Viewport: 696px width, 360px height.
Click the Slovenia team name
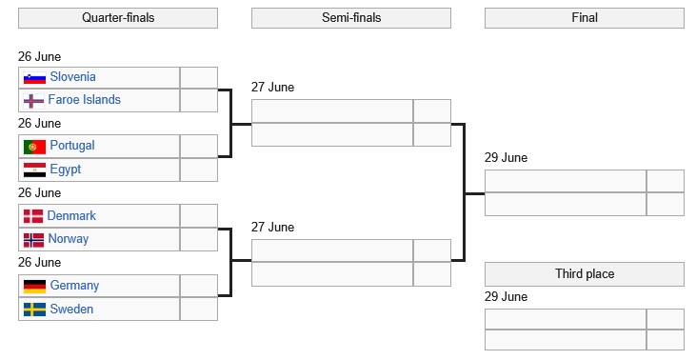[x=72, y=77]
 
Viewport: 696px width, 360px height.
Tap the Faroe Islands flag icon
[x=34, y=101]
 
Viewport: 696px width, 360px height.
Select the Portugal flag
[x=34, y=147]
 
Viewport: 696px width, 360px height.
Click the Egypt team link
[x=66, y=170]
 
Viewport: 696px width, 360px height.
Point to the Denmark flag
[x=33, y=216]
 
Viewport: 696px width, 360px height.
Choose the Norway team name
[x=69, y=239]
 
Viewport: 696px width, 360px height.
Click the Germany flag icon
[x=34, y=287]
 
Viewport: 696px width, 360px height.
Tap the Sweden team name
[x=72, y=309]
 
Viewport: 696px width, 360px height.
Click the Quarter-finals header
[x=118, y=18]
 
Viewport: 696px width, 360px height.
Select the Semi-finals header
[x=351, y=18]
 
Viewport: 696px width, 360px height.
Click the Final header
[x=585, y=18]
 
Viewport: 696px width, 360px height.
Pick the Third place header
[x=585, y=274]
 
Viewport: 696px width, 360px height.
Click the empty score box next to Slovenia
[x=199, y=78]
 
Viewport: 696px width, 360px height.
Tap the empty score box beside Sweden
[x=199, y=309]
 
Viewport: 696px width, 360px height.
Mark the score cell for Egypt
[x=199, y=170]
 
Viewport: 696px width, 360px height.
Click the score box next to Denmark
[x=199, y=216]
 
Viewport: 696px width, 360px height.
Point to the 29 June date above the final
[x=506, y=157]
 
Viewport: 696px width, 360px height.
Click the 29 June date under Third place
[x=506, y=296]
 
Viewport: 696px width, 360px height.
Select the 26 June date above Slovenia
[x=39, y=57]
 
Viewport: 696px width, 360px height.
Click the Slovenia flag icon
[x=34, y=78]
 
